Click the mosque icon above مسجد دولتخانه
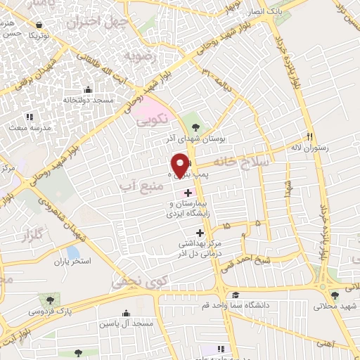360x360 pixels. click(88, 90)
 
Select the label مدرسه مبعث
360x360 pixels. click(29, 128)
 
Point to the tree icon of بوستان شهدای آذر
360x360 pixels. click(195, 127)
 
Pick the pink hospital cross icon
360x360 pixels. click(188, 193)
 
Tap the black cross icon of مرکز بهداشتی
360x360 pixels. click(200, 233)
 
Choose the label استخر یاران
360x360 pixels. click(74, 262)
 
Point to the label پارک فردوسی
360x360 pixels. click(49, 310)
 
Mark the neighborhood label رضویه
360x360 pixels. click(139, 53)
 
